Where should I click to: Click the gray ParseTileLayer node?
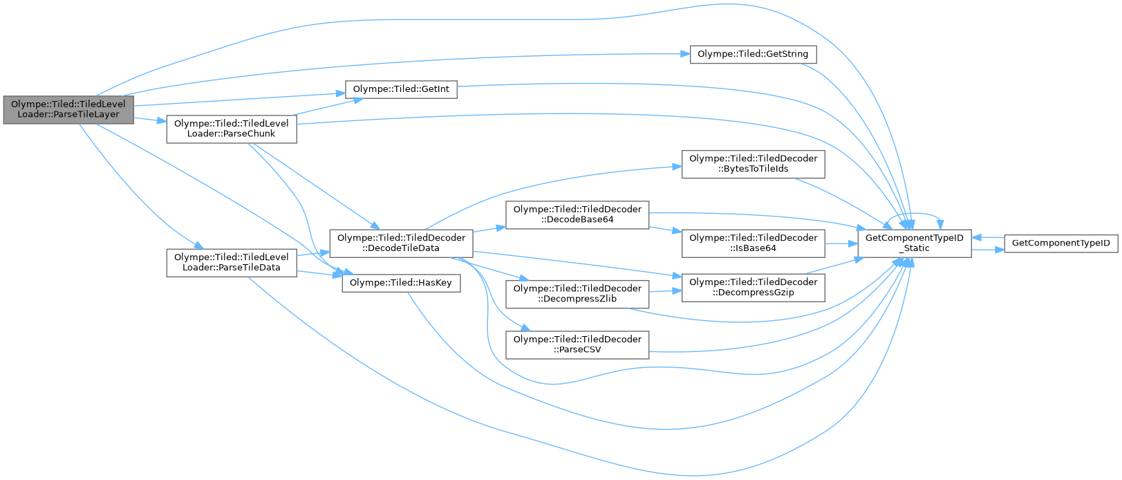[68, 109]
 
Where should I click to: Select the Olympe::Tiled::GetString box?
[753, 54]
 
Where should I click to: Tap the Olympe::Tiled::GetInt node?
[401, 89]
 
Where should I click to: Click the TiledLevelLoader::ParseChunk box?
[231, 129]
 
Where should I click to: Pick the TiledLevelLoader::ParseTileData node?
[231, 262]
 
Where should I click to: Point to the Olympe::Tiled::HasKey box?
[401, 283]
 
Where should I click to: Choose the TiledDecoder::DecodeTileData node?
[401, 243]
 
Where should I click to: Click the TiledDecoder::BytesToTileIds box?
[753, 163]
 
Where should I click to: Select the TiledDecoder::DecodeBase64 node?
[577, 214]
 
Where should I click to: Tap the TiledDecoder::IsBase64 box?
[753, 243]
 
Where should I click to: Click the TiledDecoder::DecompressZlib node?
[577, 293]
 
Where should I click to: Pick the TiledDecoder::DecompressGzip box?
[753, 287]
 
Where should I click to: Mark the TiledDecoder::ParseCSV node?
[577, 344]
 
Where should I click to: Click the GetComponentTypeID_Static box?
[914, 243]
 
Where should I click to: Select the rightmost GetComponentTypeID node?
[1060, 243]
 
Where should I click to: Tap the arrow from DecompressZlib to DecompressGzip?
[665, 291]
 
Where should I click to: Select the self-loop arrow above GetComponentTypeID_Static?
[926, 212]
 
